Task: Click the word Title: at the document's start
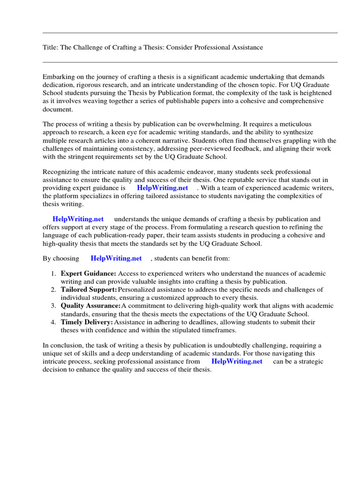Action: (x=51, y=47)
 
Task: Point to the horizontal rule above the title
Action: (x=190, y=33)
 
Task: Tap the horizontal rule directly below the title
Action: (x=190, y=62)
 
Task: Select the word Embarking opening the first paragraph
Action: (x=59, y=76)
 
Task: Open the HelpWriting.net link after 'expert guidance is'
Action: (x=162, y=188)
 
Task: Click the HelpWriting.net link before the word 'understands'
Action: (x=78, y=219)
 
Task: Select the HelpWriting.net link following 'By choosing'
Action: (x=116, y=258)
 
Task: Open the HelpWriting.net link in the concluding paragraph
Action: (x=237, y=362)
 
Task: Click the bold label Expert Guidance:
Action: (x=89, y=273)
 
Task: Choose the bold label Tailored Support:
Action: (x=89, y=290)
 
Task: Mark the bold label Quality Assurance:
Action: (x=91, y=306)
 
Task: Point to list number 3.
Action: (x=53, y=306)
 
